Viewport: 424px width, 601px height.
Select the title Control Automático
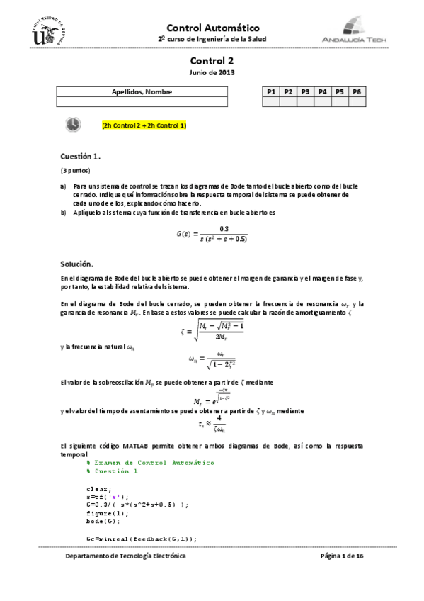click(212, 27)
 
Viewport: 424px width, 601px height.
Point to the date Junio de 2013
click(212, 72)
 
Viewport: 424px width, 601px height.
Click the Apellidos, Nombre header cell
click(142, 92)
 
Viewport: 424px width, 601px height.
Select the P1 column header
click(270, 92)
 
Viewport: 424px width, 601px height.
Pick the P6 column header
click(357, 92)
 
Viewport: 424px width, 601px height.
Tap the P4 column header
click(322, 92)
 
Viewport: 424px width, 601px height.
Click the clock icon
click(73, 125)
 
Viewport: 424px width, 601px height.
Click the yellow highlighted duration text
click(144, 125)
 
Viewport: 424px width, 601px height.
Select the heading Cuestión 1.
click(81, 156)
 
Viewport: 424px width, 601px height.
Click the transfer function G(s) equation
click(212, 233)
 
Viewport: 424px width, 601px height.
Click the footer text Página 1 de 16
click(342, 557)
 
